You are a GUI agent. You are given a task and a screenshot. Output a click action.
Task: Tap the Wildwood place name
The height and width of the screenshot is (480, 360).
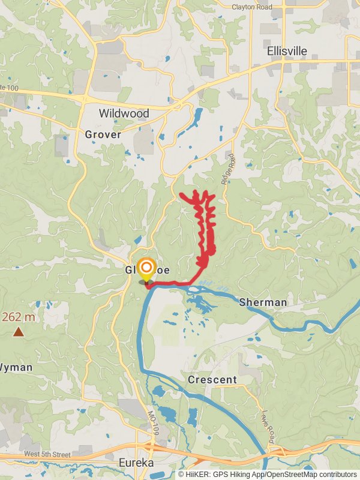click(124, 113)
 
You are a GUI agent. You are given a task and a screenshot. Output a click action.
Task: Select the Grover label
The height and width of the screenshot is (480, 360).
click(103, 134)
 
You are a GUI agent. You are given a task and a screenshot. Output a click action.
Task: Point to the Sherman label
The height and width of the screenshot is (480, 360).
click(263, 302)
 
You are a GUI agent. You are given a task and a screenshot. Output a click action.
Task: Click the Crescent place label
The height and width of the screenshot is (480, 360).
click(212, 380)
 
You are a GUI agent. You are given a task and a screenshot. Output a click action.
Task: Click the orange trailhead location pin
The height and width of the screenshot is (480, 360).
click(146, 268)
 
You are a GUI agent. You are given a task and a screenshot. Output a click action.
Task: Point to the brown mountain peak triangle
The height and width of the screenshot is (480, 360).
click(19, 331)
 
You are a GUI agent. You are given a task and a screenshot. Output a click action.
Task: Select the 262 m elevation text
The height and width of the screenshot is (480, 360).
click(18, 317)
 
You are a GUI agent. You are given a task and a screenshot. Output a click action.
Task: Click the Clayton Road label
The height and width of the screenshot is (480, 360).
click(253, 7)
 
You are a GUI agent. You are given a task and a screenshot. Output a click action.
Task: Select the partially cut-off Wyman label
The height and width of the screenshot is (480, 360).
click(16, 367)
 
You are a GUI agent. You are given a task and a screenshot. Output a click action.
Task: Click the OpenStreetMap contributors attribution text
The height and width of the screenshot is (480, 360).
click(311, 474)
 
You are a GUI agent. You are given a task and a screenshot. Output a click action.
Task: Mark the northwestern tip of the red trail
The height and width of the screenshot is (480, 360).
click(181, 194)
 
